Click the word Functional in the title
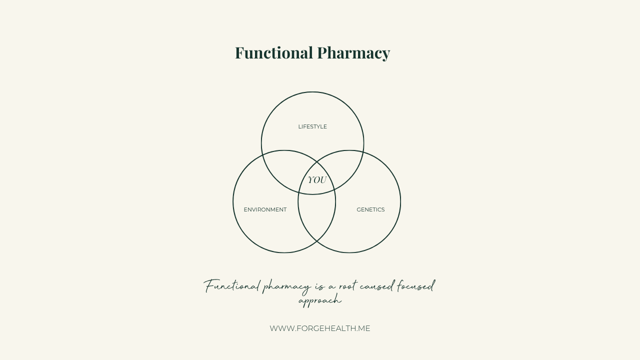point(273,53)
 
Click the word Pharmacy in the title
point(353,53)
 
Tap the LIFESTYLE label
point(312,126)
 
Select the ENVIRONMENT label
point(265,209)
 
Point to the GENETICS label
point(370,209)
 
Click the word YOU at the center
point(317,180)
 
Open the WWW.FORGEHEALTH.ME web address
point(320,328)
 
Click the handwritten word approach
point(320,301)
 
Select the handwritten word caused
point(376,285)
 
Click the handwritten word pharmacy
point(286,287)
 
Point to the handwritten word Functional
point(232,285)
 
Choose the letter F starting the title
point(240,53)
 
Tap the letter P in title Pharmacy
point(323,53)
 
